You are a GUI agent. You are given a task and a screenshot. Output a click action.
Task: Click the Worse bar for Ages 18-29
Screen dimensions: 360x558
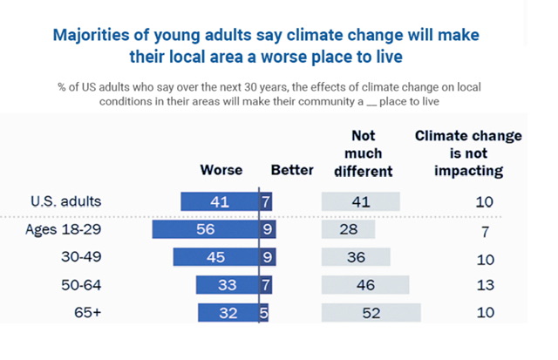(x=206, y=230)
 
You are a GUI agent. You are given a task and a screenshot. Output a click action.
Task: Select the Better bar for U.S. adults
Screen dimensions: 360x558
(x=266, y=201)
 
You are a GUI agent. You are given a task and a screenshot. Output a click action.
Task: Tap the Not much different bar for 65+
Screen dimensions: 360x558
(x=371, y=314)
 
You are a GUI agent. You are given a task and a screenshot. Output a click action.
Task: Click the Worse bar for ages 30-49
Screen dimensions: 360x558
(x=216, y=258)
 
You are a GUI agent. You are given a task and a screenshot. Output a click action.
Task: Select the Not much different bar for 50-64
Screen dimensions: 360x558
(x=364, y=285)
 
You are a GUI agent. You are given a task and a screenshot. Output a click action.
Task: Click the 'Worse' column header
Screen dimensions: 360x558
(x=221, y=170)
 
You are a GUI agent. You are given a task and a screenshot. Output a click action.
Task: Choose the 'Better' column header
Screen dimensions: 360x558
(x=291, y=170)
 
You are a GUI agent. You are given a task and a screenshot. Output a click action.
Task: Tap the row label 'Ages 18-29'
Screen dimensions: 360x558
(x=70, y=230)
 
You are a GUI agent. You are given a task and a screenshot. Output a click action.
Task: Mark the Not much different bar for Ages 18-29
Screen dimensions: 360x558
(x=348, y=230)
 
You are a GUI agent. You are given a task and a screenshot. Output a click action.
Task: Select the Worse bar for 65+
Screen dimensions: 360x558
(x=228, y=314)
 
